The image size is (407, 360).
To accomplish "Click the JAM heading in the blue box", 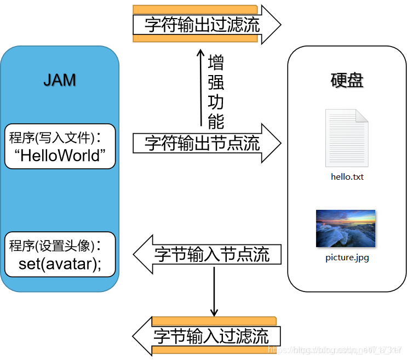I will point(60,80).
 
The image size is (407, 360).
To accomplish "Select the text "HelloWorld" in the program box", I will point(60,155).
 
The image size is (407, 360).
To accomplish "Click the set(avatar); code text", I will point(60,264).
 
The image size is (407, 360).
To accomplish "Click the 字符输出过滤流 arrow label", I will point(202,24).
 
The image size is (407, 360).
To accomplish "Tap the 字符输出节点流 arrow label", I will point(202,143).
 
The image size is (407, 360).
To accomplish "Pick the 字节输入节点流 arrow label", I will point(212,254).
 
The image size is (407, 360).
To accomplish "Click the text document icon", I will point(347,138).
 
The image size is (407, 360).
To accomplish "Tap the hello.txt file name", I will point(347,177).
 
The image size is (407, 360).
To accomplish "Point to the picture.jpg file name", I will point(347,257).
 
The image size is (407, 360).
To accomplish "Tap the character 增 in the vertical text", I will point(216,62).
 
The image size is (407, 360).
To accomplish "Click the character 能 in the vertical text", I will point(216,121).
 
